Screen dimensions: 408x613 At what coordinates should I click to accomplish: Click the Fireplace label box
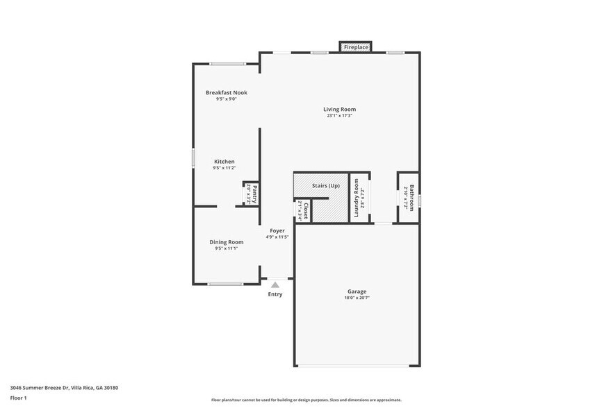tap(355, 47)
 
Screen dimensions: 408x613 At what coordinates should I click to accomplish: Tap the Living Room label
tap(339, 109)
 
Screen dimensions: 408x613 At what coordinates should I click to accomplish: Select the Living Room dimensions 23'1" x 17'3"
tap(339, 116)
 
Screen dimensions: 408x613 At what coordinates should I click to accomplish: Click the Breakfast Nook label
tap(226, 92)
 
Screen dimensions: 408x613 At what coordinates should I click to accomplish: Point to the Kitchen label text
tap(224, 161)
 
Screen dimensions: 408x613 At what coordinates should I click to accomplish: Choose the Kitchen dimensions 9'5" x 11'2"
tap(224, 168)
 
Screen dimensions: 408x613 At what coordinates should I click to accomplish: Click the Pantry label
tap(255, 193)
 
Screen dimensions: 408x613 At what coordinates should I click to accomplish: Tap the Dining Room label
tap(227, 241)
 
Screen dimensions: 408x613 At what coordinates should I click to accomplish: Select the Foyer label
tap(277, 230)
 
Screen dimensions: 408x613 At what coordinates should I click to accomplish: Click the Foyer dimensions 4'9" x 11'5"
tap(277, 237)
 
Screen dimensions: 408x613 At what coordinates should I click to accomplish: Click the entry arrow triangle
tap(275, 284)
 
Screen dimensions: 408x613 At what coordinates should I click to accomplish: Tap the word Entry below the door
tap(275, 294)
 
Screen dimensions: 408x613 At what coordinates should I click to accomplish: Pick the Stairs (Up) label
tap(325, 185)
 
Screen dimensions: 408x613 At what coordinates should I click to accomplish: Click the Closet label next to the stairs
tap(305, 210)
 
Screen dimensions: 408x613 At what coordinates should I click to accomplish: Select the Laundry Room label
tap(356, 198)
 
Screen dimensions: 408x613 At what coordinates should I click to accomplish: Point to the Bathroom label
tap(411, 198)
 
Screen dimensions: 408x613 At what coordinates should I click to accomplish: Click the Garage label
tap(357, 291)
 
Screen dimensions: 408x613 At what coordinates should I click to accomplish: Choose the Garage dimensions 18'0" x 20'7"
tap(357, 298)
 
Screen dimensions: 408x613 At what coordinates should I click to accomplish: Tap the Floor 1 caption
tap(18, 398)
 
